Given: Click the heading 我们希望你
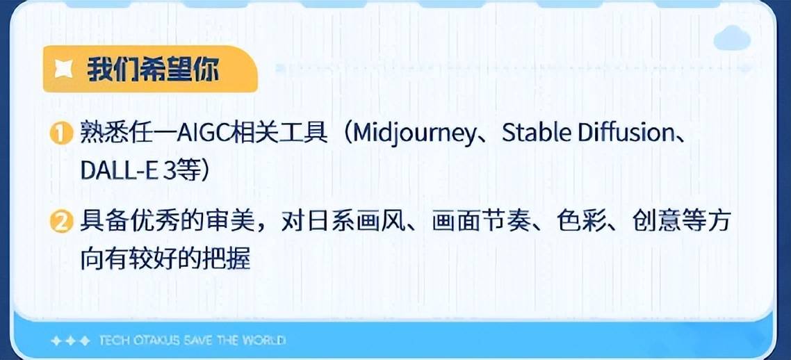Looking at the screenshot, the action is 154,69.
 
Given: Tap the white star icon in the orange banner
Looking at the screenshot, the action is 63,69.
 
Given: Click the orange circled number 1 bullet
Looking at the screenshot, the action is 62,135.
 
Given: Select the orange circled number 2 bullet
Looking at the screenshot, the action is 62,223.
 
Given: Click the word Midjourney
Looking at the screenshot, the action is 413,134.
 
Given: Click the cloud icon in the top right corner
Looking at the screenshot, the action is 732,38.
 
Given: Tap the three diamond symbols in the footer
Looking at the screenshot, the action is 71,341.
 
